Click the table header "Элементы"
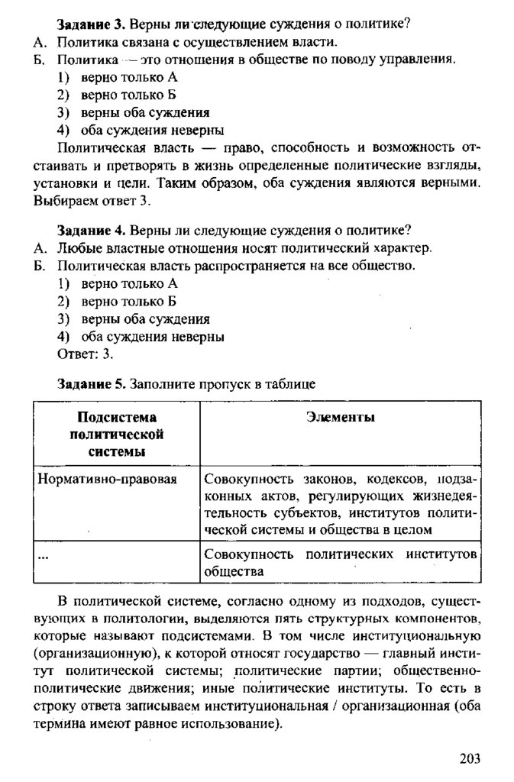pyautogui.click(x=340, y=418)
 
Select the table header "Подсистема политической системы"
pyautogui.click(x=117, y=434)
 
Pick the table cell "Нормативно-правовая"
pyautogui.click(x=107, y=479)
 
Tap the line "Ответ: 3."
pyautogui.click(x=86, y=354)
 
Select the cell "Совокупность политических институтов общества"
pyautogui.click(x=340, y=561)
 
